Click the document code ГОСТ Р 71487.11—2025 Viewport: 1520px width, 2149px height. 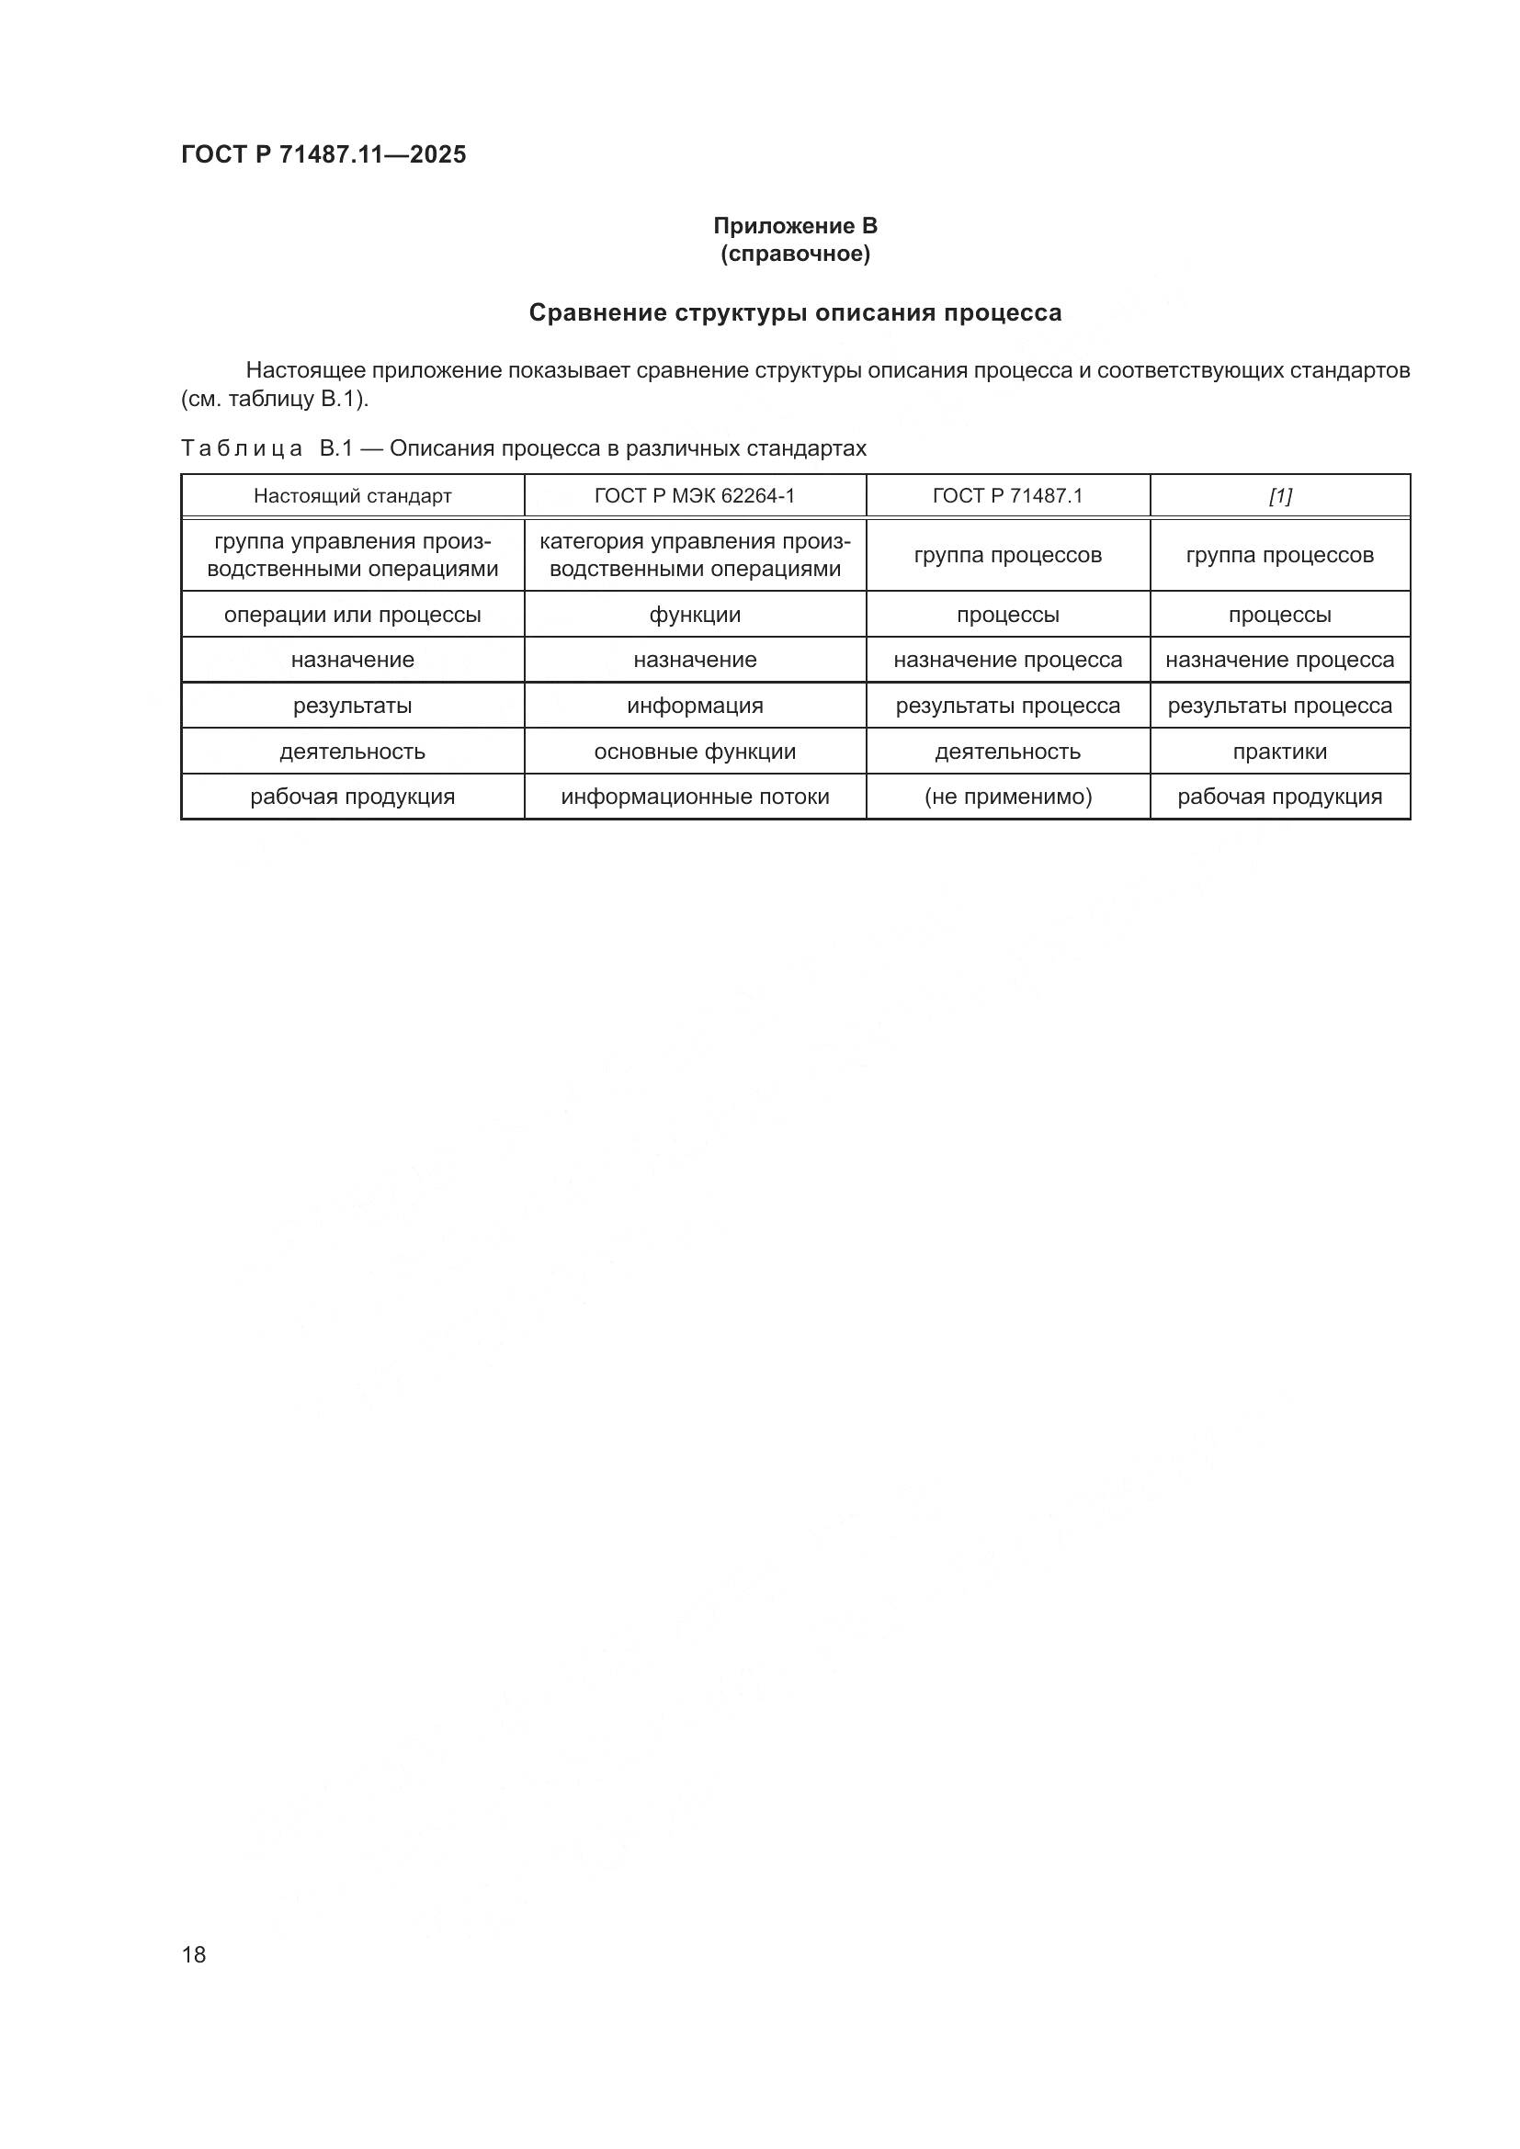(x=323, y=154)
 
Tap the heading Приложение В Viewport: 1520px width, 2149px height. (x=795, y=226)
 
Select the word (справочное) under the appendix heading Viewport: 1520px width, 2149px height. (x=795, y=254)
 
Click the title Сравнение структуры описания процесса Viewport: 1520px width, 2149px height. (x=795, y=312)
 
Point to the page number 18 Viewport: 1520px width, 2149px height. (x=194, y=1954)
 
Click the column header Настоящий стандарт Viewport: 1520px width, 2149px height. (x=352, y=496)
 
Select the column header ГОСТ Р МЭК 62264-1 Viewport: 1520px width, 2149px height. (x=695, y=496)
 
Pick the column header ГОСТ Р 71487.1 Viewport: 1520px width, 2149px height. (x=1007, y=496)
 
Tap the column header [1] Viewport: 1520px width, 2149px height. (x=1279, y=496)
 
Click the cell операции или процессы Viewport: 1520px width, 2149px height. (x=352, y=615)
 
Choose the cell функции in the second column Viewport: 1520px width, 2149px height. (x=695, y=615)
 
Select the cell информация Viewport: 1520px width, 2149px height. (x=695, y=706)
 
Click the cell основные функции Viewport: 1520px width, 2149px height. (x=695, y=752)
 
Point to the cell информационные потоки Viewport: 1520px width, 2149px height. (x=695, y=797)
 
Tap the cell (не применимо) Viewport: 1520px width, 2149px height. (x=1007, y=797)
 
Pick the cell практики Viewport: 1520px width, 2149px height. (x=1279, y=752)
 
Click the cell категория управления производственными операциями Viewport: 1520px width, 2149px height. (x=695, y=555)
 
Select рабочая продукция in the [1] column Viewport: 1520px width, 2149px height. (x=1279, y=797)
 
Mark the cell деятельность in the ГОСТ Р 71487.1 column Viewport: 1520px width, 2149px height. (x=1007, y=752)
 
